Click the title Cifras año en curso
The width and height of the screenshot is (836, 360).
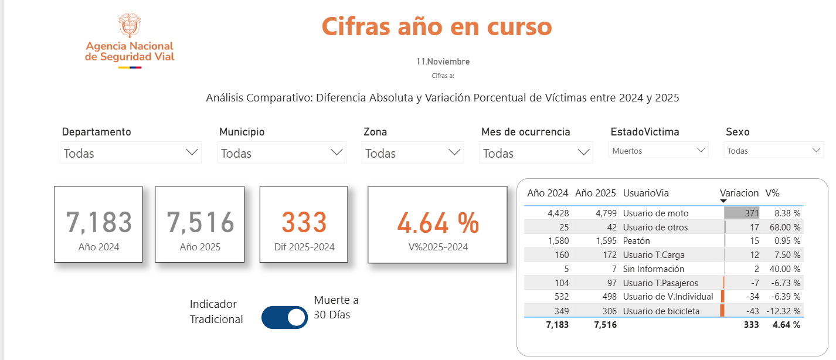pos(437,26)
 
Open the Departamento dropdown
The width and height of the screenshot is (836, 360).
pos(130,153)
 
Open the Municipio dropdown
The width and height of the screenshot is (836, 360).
pos(281,153)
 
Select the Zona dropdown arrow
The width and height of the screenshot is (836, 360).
pos(454,152)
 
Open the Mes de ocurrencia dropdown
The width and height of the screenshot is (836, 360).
pos(536,153)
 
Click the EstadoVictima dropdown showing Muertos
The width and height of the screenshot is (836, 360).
pos(658,151)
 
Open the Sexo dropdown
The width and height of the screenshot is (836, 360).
pos(774,151)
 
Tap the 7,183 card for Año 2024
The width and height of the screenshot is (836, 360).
pos(98,224)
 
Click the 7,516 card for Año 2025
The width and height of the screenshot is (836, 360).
pos(200,224)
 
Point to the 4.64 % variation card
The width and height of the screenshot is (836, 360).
pos(437,224)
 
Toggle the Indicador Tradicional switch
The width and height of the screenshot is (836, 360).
pos(284,317)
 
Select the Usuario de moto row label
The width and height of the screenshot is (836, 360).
pos(655,213)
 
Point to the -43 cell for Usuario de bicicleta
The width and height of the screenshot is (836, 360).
pos(750,311)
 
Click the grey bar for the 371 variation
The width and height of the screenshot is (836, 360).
pos(742,213)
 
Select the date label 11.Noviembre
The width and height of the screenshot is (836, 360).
pos(443,62)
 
